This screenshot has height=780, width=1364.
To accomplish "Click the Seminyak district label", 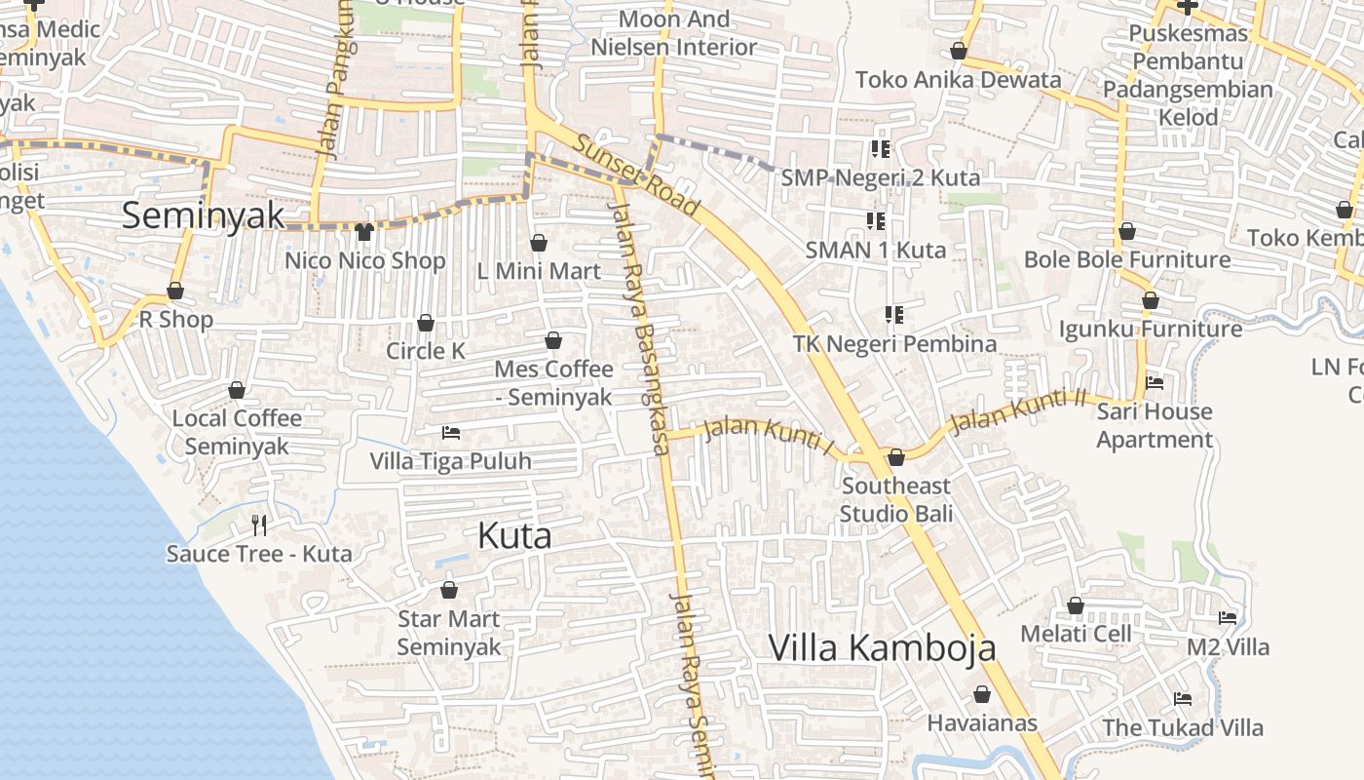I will (203, 215).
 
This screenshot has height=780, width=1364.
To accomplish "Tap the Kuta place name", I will (514, 535).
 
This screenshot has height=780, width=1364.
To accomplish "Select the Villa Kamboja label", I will (882, 647).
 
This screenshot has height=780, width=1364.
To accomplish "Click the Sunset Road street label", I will (635, 175).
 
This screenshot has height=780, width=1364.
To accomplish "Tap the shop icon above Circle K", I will (426, 323).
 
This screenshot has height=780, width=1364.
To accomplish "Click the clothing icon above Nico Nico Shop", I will (364, 231).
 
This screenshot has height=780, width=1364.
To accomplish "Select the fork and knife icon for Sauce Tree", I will (259, 526).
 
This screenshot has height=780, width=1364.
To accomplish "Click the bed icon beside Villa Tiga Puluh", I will (451, 432).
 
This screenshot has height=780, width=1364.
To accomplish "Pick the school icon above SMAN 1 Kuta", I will (876, 221).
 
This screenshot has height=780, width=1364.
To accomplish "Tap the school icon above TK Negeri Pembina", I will (893, 314).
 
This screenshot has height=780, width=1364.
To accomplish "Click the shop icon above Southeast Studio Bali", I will (896, 457).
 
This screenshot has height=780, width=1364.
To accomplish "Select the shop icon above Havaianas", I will (982, 694).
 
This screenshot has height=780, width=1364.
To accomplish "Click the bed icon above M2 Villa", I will (1228, 617).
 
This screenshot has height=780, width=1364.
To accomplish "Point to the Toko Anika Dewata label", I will (958, 80).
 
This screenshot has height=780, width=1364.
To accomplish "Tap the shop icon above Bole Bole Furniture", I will (1127, 231).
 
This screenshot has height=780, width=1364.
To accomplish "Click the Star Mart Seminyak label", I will (448, 633).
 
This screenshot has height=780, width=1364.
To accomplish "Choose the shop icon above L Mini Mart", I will (539, 243).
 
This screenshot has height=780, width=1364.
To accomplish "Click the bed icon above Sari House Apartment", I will (1155, 383).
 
